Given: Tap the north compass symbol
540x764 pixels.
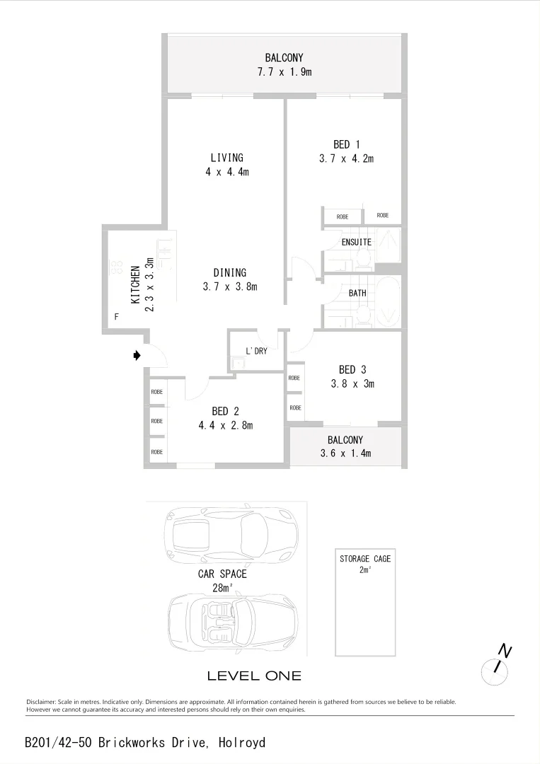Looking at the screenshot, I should pyautogui.click(x=496, y=666).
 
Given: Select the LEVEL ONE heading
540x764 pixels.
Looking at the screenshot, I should pyautogui.click(x=254, y=676).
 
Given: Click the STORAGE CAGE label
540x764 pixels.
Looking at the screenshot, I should pyautogui.click(x=364, y=559).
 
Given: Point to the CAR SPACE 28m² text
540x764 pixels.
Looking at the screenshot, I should pyautogui.click(x=222, y=581).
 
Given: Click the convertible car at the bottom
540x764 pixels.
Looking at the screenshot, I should pyautogui.click(x=232, y=623).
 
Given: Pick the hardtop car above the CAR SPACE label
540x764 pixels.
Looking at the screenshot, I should pyautogui.click(x=231, y=533).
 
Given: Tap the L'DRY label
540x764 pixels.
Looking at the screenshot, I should pyautogui.click(x=256, y=351).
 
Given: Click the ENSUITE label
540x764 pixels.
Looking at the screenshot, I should pyautogui.click(x=356, y=242).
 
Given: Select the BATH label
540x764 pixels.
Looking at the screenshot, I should pyautogui.click(x=357, y=292).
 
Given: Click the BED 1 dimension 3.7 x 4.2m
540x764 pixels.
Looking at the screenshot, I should pyautogui.click(x=346, y=159).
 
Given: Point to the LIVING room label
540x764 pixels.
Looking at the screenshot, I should pyautogui.click(x=226, y=158).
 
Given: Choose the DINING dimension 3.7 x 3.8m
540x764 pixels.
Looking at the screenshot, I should pyautogui.click(x=229, y=286).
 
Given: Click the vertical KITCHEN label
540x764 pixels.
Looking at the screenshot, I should pyautogui.click(x=135, y=284).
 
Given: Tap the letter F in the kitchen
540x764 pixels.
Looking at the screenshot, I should pyautogui.click(x=116, y=317).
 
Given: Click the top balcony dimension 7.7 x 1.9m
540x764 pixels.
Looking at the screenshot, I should pyautogui.click(x=285, y=72).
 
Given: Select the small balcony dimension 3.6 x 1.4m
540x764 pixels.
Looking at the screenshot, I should pyautogui.click(x=345, y=453).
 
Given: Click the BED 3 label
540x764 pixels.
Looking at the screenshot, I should pyautogui.click(x=352, y=369).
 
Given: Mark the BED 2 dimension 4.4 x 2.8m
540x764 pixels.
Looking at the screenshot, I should pyautogui.click(x=225, y=425).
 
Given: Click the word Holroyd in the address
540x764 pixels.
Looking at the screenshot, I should pyautogui.click(x=242, y=743).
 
